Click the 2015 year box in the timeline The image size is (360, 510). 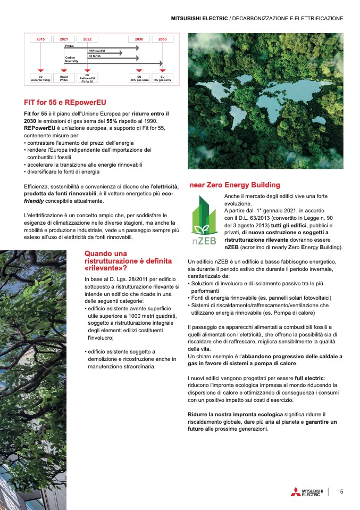point(40,39)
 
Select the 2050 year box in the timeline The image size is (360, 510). point(162,39)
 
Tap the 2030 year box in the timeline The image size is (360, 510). point(139,39)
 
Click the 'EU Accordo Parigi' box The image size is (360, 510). point(40,78)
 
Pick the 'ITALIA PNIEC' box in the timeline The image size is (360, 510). point(64,78)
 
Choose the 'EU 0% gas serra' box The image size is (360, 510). point(162,78)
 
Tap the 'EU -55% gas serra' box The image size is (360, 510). point(139,78)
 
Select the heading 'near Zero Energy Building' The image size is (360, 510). point(235,185)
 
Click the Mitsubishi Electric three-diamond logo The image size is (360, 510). point(295,492)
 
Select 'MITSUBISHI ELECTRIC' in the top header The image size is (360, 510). point(199,18)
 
